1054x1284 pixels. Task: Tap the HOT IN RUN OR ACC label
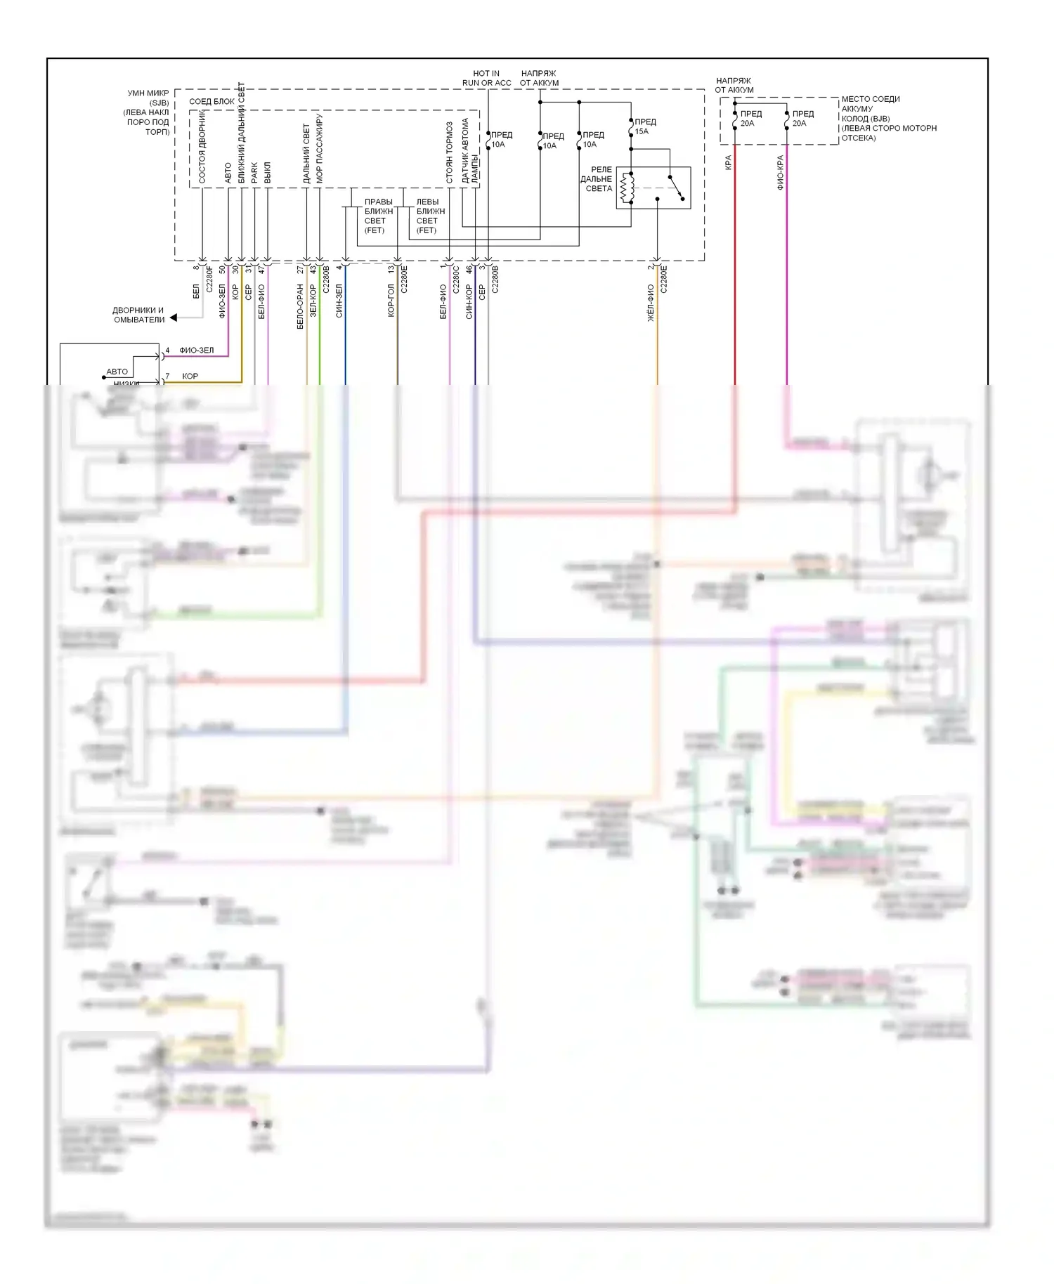click(486, 78)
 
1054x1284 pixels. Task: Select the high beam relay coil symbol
click(627, 188)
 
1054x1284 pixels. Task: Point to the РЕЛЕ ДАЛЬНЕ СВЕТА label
click(597, 179)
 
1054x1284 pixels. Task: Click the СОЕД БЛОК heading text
click(212, 102)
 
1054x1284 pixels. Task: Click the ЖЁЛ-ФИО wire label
click(651, 303)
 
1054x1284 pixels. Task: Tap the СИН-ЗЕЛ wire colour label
click(339, 301)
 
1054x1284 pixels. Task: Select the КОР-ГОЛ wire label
click(391, 300)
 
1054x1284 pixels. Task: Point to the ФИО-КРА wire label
click(780, 173)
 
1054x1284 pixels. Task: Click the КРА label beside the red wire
click(728, 162)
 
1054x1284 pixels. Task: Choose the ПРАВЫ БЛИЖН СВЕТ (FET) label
click(377, 216)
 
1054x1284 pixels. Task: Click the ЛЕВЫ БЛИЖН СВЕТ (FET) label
click(429, 216)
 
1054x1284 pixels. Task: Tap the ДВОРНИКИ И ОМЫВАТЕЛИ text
click(139, 315)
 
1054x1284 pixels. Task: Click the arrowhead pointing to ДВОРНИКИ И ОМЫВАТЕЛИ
click(174, 317)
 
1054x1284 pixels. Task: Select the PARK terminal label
click(254, 173)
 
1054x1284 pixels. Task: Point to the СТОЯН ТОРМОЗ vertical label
click(449, 153)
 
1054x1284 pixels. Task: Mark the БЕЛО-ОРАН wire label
click(300, 306)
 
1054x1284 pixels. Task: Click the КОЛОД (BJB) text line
click(866, 119)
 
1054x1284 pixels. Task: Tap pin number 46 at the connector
click(469, 269)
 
